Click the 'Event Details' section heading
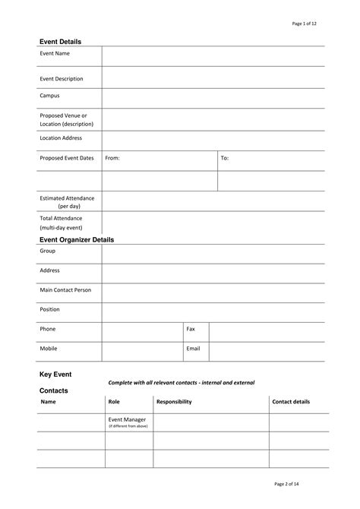click(60, 41)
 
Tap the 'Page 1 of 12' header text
click(304, 24)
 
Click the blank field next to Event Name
click(213, 55)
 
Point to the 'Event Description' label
click(62, 78)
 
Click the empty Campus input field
click(213, 98)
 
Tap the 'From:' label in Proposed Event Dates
click(112, 158)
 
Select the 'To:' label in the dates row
click(224, 158)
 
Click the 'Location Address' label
click(61, 138)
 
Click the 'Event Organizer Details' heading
click(76, 239)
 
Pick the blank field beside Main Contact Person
click(213, 292)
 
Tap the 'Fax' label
click(191, 329)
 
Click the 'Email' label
click(193, 349)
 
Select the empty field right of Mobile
click(142, 351)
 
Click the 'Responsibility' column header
click(174, 401)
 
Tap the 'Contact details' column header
click(291, 401)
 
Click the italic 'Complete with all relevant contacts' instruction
click(182, 382)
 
